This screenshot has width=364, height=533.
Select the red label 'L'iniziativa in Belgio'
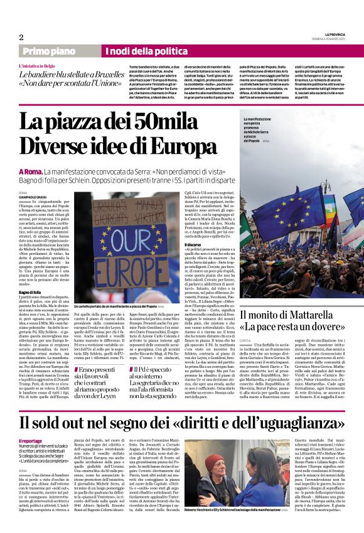click(x=39, y=65)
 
